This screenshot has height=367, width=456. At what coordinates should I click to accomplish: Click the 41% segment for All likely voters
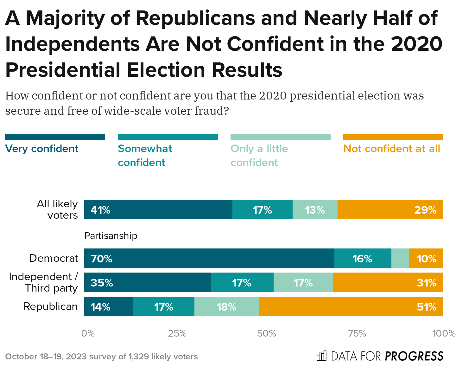point(158,209)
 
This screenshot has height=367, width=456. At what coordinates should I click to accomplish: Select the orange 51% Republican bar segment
point(351,306)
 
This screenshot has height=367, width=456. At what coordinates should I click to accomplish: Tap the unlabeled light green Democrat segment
point(400,258)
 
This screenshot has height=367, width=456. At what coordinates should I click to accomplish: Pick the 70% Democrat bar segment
point(209,258)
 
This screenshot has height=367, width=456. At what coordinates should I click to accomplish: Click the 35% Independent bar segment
point(148,282)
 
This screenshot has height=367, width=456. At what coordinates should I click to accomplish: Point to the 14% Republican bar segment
point(109,306)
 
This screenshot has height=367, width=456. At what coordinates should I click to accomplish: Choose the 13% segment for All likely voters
point(315,209)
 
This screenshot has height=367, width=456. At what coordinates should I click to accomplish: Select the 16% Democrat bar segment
point(363,258)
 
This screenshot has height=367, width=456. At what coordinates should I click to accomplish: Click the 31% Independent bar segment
point(388,282)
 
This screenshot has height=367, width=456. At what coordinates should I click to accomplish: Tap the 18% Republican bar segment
point(226,306)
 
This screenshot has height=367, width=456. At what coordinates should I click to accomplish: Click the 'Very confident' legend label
point(41,149)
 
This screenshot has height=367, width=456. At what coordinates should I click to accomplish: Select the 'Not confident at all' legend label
point(392,149)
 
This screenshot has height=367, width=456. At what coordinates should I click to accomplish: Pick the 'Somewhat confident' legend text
point(145,155)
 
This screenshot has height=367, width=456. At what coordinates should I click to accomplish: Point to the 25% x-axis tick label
point(177,333)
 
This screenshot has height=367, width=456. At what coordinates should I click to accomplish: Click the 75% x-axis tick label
point(357,333)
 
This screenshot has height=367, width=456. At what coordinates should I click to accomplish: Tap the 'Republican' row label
point(51,306)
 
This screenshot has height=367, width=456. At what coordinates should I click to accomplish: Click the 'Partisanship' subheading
point(111,236)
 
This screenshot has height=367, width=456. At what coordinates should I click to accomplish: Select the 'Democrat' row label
point(54,258)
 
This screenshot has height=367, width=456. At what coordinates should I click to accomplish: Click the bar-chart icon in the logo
point(321,356)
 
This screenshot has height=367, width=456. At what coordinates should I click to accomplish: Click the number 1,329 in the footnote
point(138,357)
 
